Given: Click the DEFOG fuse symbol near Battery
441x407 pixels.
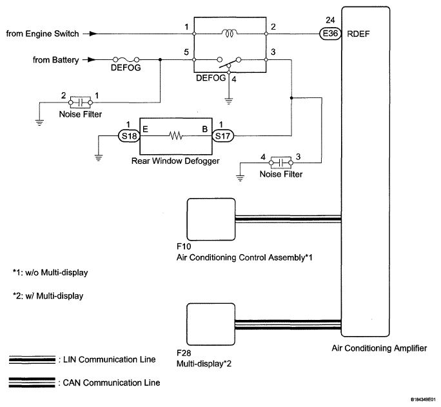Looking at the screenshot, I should click(x=122, y=60).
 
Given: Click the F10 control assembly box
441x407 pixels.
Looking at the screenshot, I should click(x=211, y=219).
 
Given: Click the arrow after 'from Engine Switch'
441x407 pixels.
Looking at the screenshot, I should click(x=94, y=34).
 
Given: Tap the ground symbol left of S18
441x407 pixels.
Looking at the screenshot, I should click(x=98, y=154).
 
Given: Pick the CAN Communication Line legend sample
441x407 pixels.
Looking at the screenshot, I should click(x=32, y=382).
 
